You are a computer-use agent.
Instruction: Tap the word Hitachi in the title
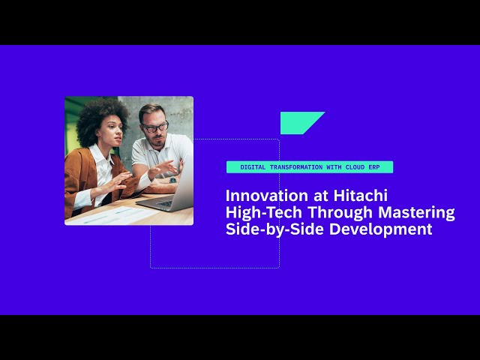(361, 196)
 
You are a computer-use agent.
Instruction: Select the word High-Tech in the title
(264, 212)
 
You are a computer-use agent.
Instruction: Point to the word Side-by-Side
(274, 229)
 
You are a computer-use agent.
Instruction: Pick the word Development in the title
(381, 229)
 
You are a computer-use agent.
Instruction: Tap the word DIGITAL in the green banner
(253, 167)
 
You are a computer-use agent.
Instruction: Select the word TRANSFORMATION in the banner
(296, 167)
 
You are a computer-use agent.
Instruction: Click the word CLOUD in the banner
(355, 167)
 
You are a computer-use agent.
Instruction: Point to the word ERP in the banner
(374, 167)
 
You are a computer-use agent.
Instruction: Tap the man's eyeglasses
(155, 127)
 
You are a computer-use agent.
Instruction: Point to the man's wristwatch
(173, 180)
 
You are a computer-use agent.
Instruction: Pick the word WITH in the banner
(334, 167)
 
